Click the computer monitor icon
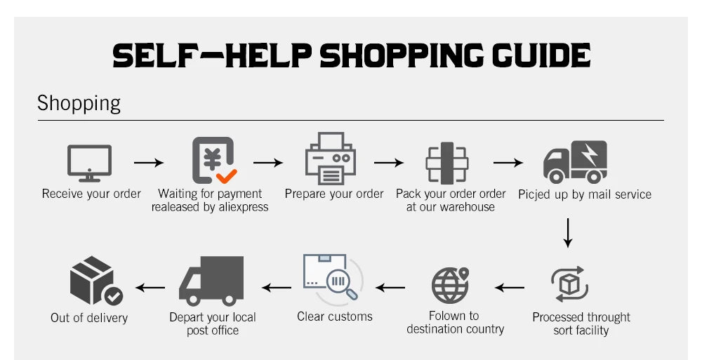tap(90, 163)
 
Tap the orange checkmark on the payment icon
tap(227, 176)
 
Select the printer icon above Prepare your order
tap(331, 159)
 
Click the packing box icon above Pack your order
tap(446, 163)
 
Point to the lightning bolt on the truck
tap(589, 154)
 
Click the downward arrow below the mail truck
tap(568, 233)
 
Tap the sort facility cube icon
tap(569, 284)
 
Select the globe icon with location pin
tap(451, 285)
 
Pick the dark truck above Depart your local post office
tap(211, 281)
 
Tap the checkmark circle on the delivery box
tap(112, 295)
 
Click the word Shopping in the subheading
tap(79, 103)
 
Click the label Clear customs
tap(335, 316)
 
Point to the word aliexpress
tap(243, 207)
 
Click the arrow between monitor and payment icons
tap(149, 163)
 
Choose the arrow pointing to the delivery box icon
tap(150, 288)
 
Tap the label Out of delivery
tap(89, 317)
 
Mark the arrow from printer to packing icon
tap(389, 163)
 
